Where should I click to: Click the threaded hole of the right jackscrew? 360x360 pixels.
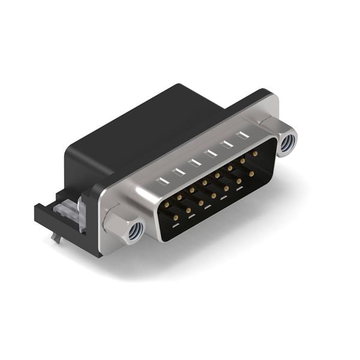pos(287,143)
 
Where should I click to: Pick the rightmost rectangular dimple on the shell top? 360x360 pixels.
pos(242,136)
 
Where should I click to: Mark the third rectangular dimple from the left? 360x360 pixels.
pos(194,162)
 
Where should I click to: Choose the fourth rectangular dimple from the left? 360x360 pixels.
pos(210,154)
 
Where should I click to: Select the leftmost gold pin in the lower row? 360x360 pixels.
pos(175,219)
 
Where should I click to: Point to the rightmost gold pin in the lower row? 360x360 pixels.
pos(251,174)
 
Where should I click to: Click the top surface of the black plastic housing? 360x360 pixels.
pos(150,120)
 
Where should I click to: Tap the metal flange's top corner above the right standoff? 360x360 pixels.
pos(273,96)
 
